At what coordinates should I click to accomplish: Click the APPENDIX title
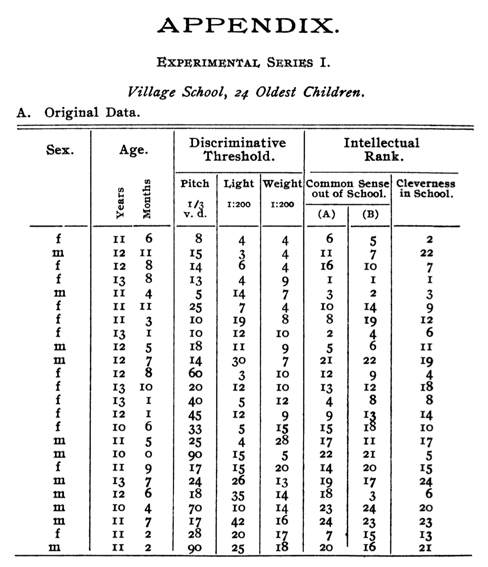click(247, 26)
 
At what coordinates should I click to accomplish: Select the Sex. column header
click(60, 150)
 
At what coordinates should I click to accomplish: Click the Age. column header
click(134, 150)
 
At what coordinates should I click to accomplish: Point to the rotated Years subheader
click(120, 202)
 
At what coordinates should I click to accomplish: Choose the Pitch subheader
click(195, 184)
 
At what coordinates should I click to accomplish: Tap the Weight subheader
click(282, 184)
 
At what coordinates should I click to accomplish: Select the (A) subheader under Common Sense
click(326, 215)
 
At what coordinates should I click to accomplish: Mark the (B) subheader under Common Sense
click(370, 215)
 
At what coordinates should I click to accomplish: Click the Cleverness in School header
click(426, 189)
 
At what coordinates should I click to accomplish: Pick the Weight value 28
click(282, 440)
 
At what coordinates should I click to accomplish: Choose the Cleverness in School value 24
click(426, 482)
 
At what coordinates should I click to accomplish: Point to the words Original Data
click(92, 113)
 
